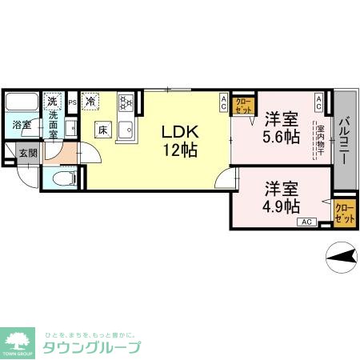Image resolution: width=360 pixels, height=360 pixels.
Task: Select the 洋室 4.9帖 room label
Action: coord(282,197)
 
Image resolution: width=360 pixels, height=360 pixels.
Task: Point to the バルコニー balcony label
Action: coord(344,140)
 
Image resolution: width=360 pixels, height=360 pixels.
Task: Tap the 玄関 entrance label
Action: coord(28,153)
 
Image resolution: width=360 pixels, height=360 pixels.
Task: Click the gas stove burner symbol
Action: coord(126,102)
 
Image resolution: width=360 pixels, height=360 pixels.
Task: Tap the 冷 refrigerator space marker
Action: coord(91,102)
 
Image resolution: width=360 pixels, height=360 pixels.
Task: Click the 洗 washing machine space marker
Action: coord(52,102)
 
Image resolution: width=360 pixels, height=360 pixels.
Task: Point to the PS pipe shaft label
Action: coord(72,102)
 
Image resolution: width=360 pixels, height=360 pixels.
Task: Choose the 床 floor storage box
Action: coord(102,129)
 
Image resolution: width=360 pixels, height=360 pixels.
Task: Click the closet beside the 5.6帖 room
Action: coord(243,106)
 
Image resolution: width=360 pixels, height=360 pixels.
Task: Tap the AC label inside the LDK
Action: coord(223,102)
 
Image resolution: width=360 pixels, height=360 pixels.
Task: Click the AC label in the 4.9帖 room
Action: coord(307,222)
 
